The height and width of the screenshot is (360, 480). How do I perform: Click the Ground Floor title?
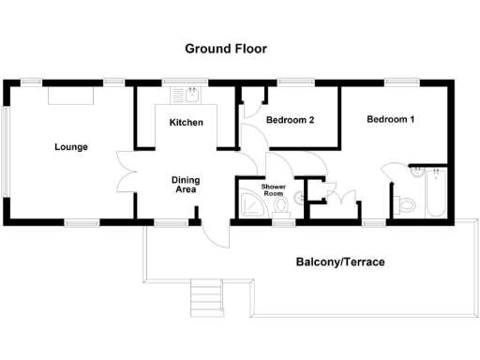tap(226, 49)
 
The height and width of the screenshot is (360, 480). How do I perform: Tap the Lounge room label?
tap(71, 147)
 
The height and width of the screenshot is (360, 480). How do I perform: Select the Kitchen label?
tap(187, 123)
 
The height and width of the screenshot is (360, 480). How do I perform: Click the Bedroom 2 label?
tap(290, 120)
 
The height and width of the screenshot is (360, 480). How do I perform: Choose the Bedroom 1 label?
tap(390, 119)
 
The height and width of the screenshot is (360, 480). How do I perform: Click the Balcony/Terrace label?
tap(340, 262)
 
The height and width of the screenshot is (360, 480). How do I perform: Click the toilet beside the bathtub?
tap(407, 203)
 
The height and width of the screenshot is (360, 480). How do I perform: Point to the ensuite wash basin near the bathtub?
tap(415, 172)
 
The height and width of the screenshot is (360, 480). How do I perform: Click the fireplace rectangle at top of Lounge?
tap(70, 95)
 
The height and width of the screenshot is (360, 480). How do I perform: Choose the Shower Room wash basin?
tap(297, 197)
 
